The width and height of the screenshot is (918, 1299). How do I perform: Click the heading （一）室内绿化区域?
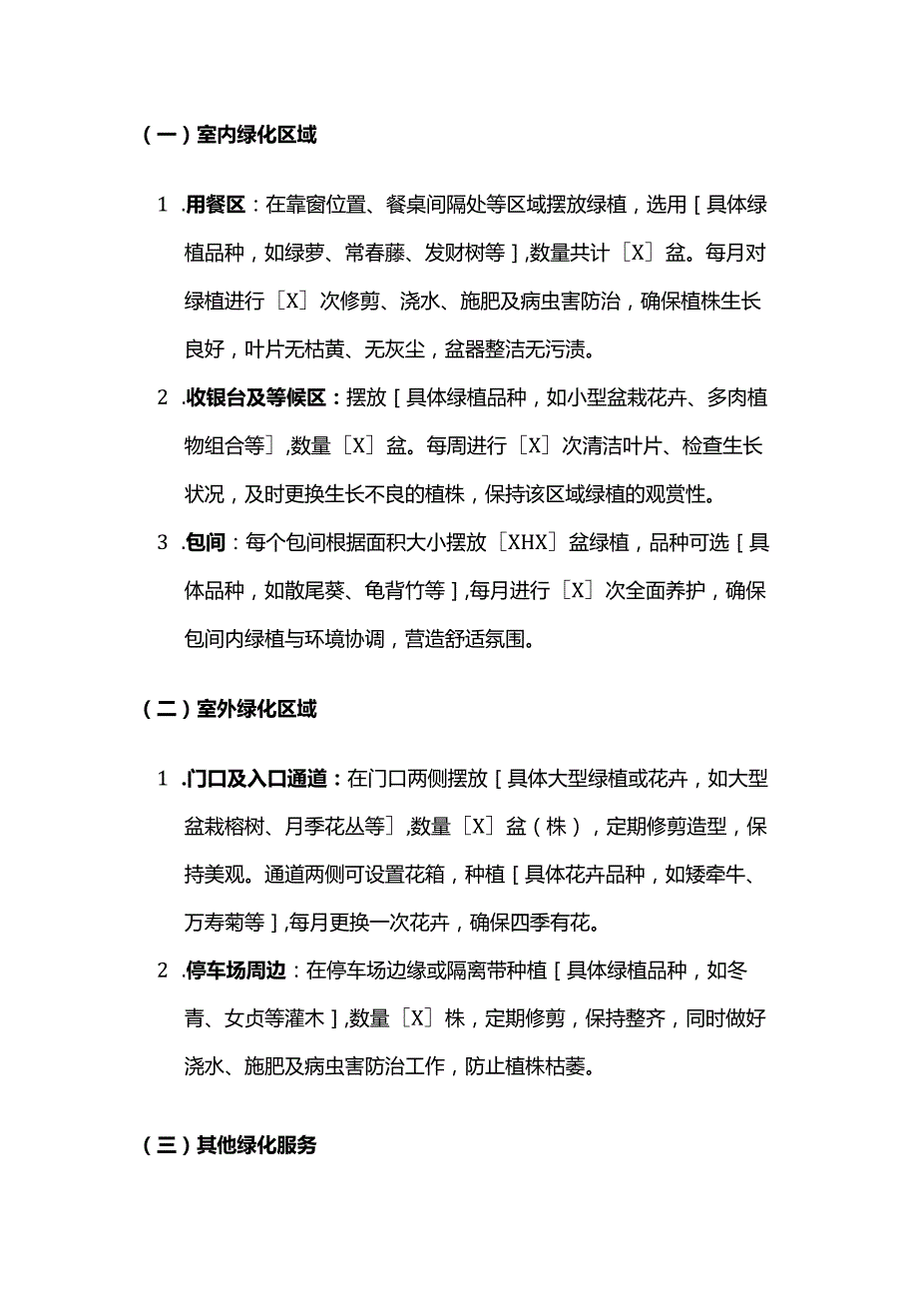click(230, 135)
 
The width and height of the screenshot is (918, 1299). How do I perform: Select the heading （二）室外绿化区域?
click(230, 710)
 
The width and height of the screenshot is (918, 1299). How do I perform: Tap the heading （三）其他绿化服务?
click(230, 1145)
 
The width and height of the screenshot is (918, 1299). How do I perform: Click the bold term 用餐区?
click(217, 206)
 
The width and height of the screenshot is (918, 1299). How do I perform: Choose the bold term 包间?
click(206, 543)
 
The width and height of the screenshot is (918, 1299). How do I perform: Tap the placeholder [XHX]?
click(529, 543)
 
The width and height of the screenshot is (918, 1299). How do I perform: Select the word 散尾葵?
click(325, 591)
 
